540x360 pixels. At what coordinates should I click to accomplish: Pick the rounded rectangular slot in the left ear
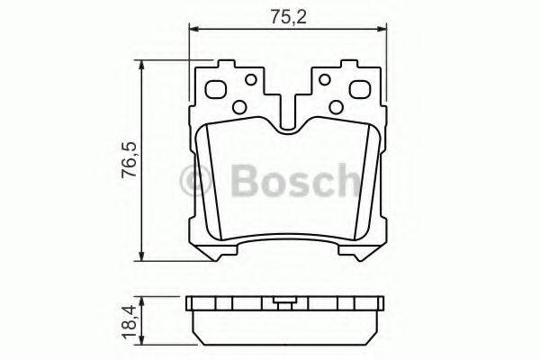pyautogui.click(x=217, y=90)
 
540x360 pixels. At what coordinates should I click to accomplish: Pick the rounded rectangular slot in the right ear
pyautogui.click(x=357, y=90)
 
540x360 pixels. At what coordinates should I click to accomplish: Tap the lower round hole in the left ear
pyautogui.click(x=238, y=107)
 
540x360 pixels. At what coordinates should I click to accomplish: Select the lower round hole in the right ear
pyautogui.click(x=336, y=107)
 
